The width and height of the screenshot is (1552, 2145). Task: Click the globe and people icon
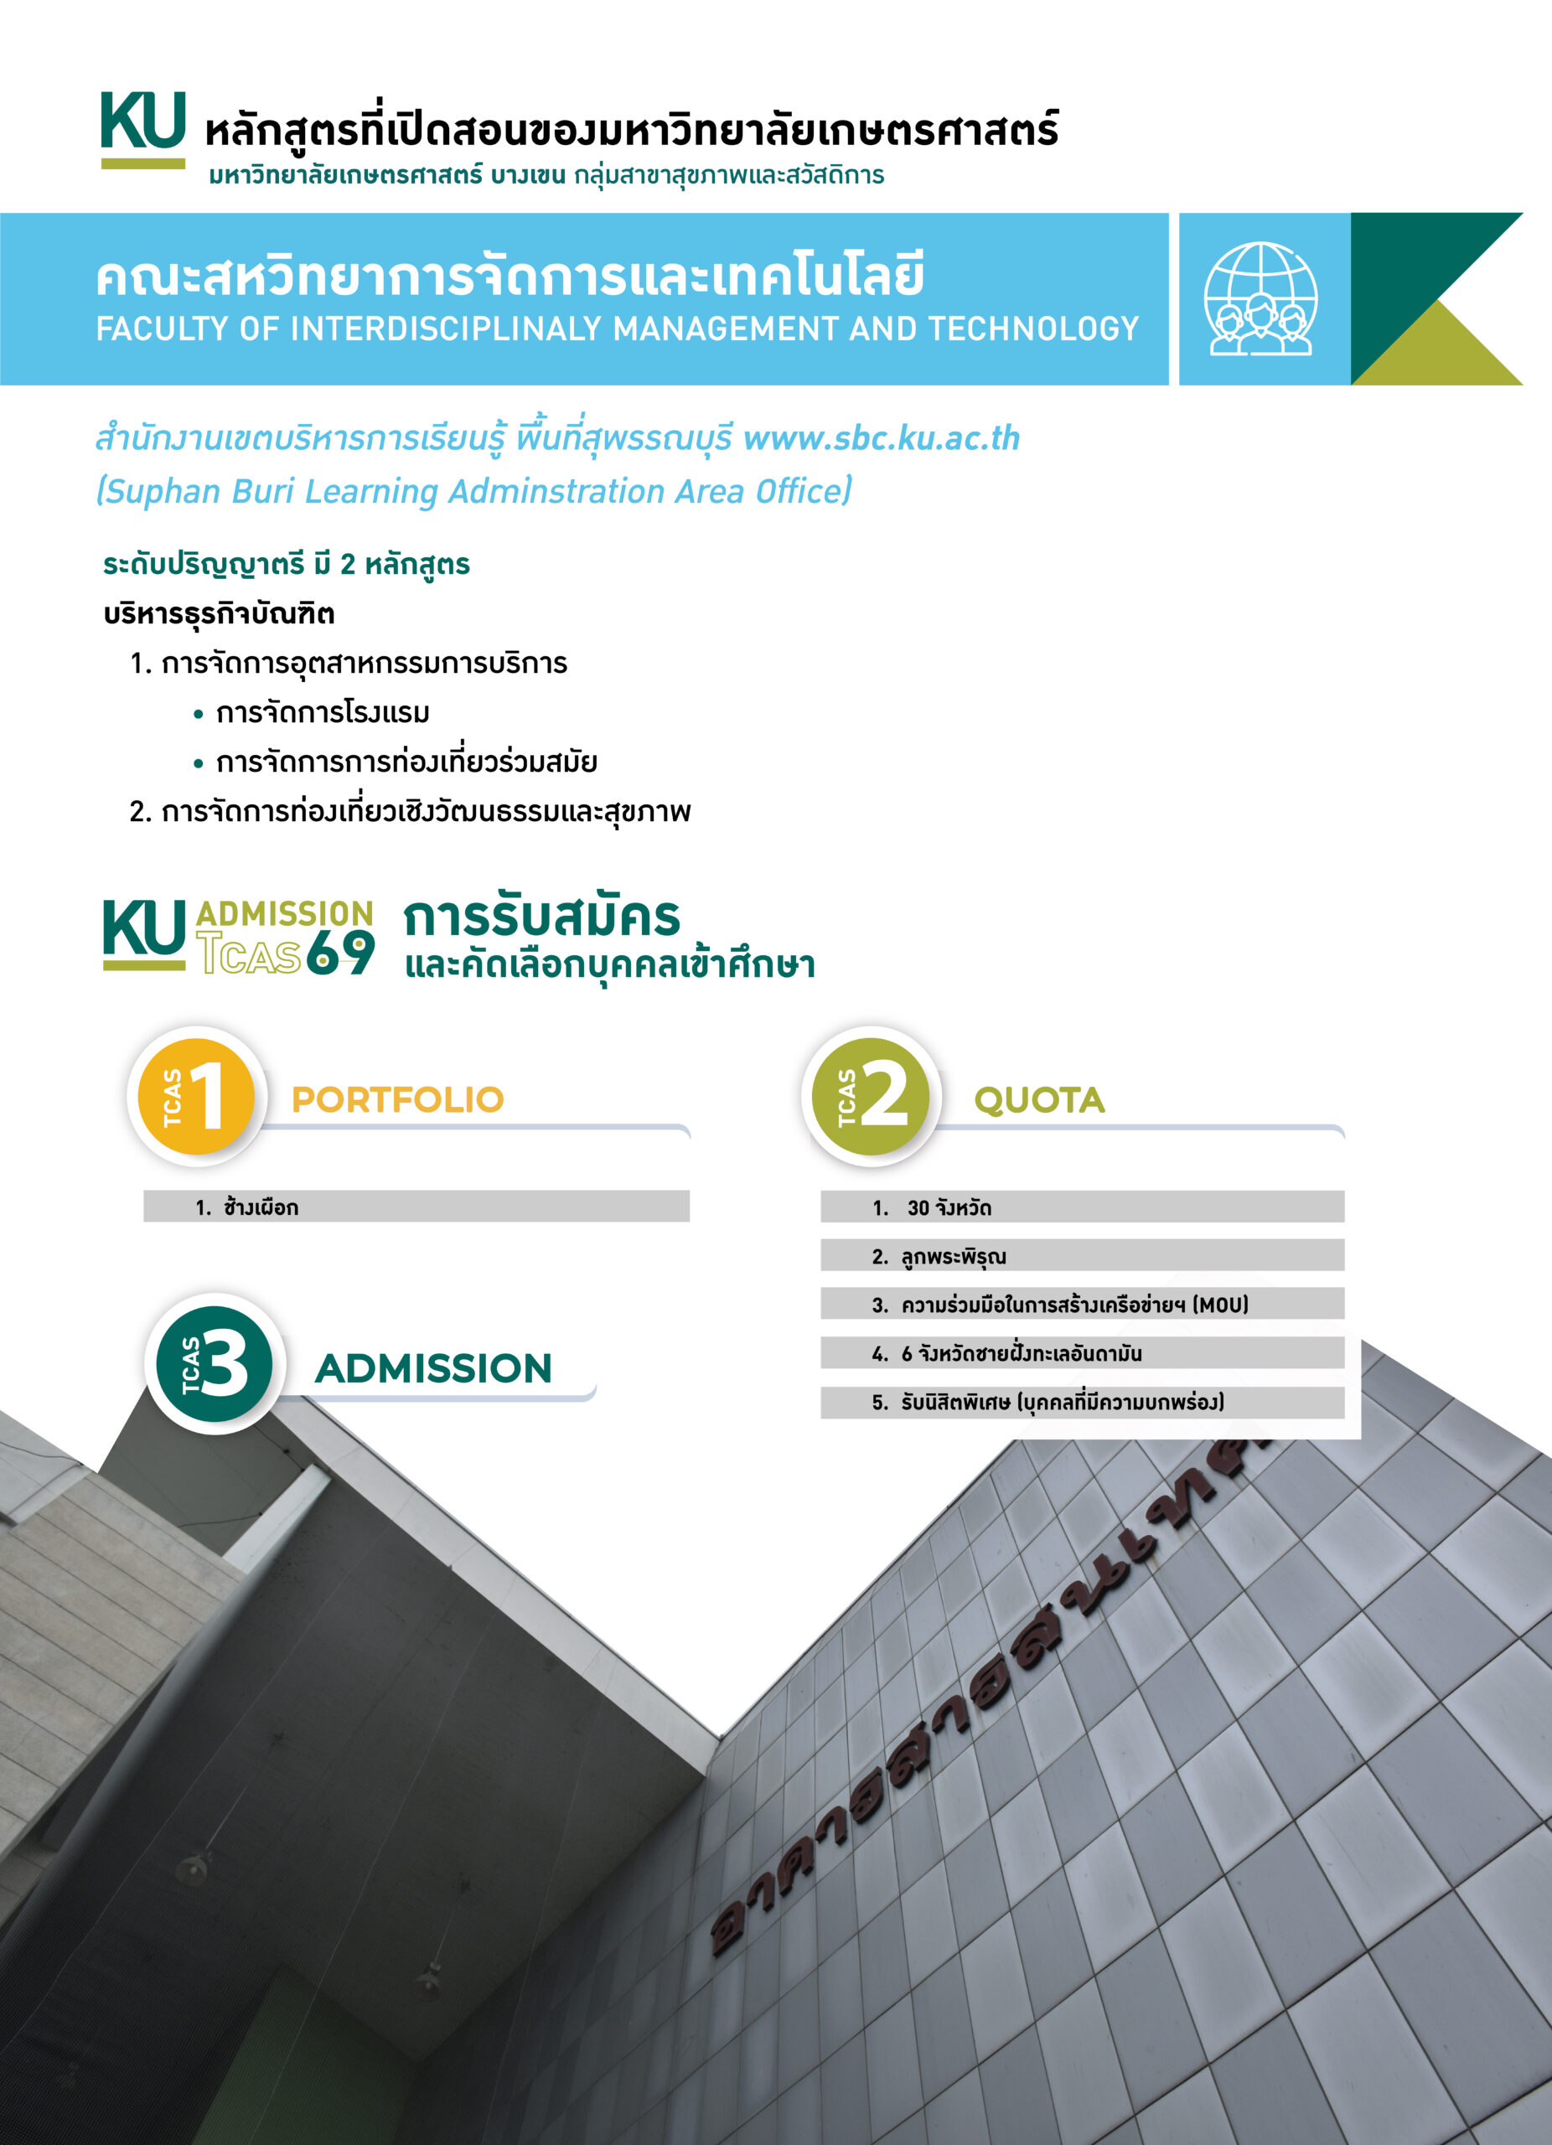[1260, 299]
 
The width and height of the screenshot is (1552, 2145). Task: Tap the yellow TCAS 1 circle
[197, 1096]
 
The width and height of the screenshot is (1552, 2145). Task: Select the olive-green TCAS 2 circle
[871, 1096]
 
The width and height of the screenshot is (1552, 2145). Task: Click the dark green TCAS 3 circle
[215, 1364]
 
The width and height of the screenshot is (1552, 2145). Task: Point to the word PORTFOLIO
[397, 1099]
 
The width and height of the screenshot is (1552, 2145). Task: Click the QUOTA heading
[1039, 1100]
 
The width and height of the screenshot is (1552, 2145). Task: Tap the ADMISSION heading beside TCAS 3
[433, 1367]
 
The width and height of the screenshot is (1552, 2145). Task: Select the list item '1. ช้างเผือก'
[416, 1206]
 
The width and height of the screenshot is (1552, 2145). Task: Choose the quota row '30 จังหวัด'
[1082, 1207]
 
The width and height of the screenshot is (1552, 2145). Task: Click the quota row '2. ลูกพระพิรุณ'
[1082, 1255]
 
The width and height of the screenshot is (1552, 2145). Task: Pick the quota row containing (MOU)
[1082, 1305]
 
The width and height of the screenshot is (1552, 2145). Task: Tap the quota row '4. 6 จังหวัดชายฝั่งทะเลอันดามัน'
[1082, 1352]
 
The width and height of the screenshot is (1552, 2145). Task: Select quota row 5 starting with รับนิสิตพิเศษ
[1082, 1402]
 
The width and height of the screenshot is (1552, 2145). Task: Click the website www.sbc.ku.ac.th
[881, 438]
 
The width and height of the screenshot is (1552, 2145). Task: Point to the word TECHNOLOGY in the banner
[1032, 328]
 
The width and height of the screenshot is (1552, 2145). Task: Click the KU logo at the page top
[142, 127]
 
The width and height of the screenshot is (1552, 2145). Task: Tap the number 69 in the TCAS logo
[340, 953]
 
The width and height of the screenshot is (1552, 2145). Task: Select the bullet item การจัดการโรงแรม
[323, 712]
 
